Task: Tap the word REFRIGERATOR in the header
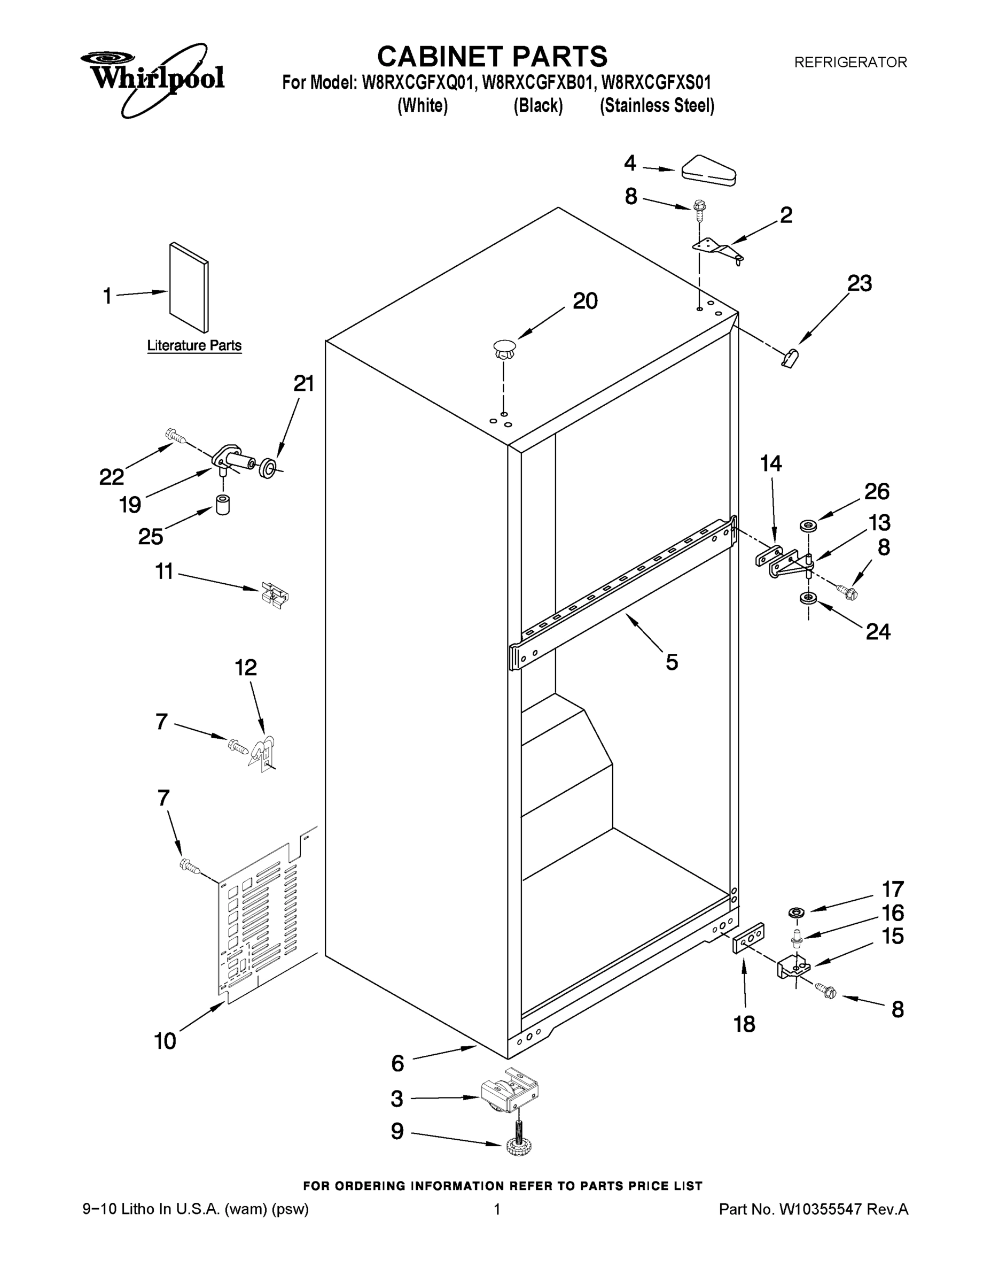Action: click(x=850, y=62)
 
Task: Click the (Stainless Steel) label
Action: click(x=657, y=106)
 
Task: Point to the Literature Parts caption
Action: click(x=194, y=345)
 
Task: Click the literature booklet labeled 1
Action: click(x=189, y=289)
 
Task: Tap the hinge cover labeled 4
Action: click(x=708, y=171)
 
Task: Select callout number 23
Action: click(x=860, y=284)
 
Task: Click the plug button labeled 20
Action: click(x=504, y=350)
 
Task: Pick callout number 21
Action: click(x=303, y=384)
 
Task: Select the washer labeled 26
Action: click(x=808, y=525)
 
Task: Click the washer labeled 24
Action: click(x=808, y=599)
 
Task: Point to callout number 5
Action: click(x=672, y=662)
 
